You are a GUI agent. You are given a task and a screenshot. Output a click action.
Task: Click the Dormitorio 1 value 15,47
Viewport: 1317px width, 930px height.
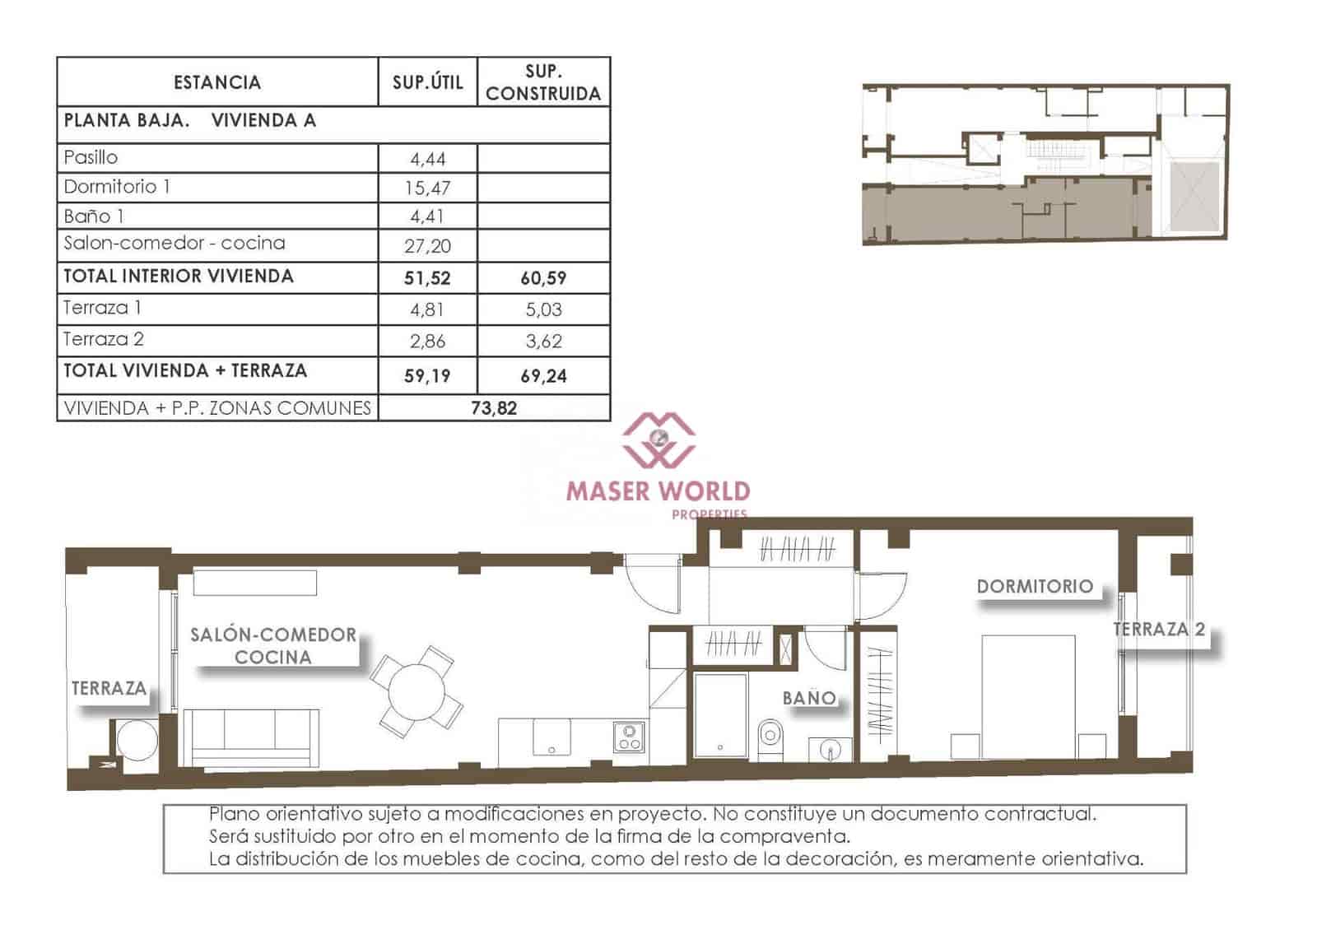pos(427,188)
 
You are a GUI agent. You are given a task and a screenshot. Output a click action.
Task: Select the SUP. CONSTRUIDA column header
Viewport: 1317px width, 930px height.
pos(543,82)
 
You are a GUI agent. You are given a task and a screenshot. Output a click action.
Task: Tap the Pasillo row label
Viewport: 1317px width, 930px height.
pos(91,157)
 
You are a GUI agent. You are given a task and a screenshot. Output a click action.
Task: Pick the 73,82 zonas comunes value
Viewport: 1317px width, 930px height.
pos(494,408)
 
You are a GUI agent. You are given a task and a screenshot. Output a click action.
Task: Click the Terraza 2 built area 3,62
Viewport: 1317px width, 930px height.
pos(543,341)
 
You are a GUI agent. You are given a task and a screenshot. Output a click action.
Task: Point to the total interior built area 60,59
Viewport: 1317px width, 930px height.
pos(543,278)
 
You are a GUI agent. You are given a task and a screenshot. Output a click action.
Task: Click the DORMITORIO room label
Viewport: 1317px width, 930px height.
pos(1035,587)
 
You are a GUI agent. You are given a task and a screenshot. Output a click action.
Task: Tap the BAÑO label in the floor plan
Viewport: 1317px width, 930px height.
pos(809,698)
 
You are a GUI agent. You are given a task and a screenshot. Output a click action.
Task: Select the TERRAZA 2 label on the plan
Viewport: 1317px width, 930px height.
pos(1158,630)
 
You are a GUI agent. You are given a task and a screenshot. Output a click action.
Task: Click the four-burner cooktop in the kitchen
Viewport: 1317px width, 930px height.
pos(629,737)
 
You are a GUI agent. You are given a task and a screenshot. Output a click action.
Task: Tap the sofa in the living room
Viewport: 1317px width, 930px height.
pos(250,737)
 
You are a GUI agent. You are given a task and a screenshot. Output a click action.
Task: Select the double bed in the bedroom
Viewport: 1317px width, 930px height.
pos(1028,696)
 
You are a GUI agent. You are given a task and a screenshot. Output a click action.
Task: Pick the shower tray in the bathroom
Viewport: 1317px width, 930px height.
pos(720,714)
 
